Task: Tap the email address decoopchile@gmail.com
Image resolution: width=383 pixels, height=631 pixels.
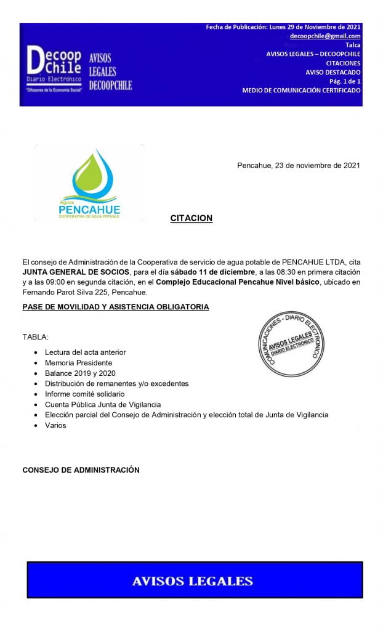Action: click(x=325, y=36)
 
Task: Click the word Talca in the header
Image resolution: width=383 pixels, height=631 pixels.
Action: click(x=353, y=45)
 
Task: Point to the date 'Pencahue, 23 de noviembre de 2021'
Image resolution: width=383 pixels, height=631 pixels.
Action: click(x=299, y=165)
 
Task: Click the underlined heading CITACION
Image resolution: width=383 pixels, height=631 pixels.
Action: click(x=191, y=218)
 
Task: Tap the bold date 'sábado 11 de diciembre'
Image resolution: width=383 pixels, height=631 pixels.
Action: click(x=212, y=272)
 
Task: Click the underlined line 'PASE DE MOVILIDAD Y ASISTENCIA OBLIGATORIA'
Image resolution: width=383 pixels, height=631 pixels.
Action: click(x=116, y=307)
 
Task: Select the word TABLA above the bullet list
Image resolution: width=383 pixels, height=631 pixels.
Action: click(x=35, y=337)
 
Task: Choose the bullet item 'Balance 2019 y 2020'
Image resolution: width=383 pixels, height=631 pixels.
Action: click(x=80, y=373)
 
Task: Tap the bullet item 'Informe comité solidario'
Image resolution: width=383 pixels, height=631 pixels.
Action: click(x=85, y=394)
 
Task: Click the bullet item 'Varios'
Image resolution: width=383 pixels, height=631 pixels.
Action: click(x=55, y=425)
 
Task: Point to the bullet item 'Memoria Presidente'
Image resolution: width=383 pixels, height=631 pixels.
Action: click(x=78, y=362)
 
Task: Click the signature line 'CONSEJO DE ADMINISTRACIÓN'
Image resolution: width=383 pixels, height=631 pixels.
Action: click(x=81, y=470)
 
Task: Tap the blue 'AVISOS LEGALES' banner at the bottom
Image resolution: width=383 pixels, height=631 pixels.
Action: click(x=194, y=580)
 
